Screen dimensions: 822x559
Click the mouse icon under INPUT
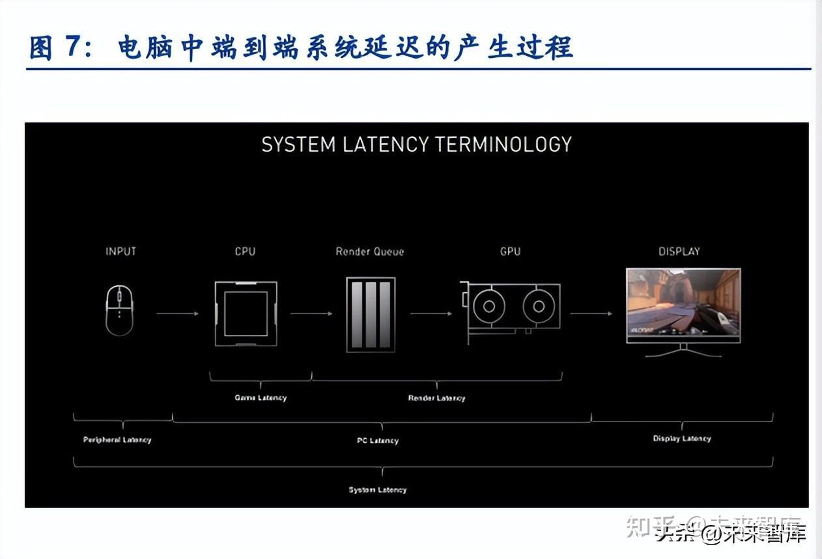[120, 311]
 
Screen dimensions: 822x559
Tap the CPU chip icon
[246, 313]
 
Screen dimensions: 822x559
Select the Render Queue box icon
[371, 315]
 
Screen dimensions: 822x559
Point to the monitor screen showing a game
[683, 305]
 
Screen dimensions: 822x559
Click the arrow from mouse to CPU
[177, 313]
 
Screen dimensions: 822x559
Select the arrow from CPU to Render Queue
[311, 313]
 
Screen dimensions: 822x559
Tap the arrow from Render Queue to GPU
[431, 313]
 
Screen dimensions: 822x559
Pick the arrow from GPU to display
[591, 313]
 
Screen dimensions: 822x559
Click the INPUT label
[120, 251]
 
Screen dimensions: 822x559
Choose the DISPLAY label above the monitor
[679, 251]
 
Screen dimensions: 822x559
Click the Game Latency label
[261, 397]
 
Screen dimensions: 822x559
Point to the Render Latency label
[436, 398]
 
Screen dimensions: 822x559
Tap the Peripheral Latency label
[117, 440]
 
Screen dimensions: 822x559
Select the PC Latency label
[378, 440]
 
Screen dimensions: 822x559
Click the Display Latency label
[682, 438]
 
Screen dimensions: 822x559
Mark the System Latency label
[378, 490]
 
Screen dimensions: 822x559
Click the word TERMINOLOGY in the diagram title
[503, 144]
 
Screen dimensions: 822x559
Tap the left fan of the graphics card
[487, 305]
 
